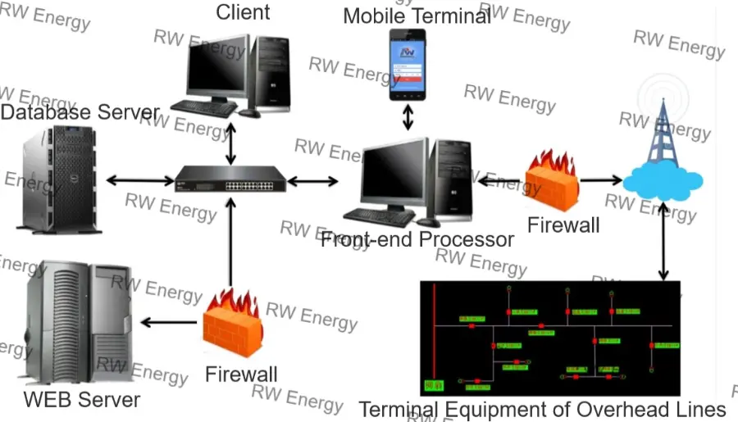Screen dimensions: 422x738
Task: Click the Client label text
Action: pos(243,11)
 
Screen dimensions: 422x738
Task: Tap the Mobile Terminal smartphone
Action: pos(408,64)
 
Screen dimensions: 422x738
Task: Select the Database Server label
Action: pos(80,112)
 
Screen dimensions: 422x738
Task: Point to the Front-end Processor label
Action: pos(417,239)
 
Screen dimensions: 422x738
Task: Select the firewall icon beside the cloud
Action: pos(552,179)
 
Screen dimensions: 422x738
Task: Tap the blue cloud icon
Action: pos(662,180)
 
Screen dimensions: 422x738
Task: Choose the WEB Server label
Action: pos(81,400)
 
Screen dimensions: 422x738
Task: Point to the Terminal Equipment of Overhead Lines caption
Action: pos(542,409)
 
